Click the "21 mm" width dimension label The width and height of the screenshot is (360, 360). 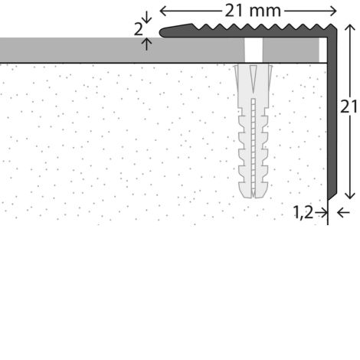[253, 11]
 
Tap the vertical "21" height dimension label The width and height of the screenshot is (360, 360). [349, 106]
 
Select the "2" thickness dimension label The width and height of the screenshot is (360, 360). [139, 30]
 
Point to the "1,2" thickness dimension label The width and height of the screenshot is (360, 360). [303, 212]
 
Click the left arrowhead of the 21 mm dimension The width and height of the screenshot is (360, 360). [163, 11]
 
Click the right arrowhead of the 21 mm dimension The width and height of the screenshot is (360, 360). [333, 11]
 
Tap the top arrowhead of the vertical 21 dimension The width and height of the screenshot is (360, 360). [350, 28]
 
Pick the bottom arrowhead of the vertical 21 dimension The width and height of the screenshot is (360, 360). [350, 195]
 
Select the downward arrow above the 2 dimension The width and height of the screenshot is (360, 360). [146, 17]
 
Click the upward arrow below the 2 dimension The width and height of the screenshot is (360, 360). [146, 44]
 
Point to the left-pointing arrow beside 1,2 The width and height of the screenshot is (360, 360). [343, 212]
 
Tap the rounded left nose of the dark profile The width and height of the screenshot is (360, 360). [162, 33]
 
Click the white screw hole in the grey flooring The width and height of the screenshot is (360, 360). [254, 50]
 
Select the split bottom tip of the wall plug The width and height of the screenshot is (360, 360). [253, 195]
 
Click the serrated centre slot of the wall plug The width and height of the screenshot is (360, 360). [253, 146]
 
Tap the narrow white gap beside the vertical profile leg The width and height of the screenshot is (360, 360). [323, 50]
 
